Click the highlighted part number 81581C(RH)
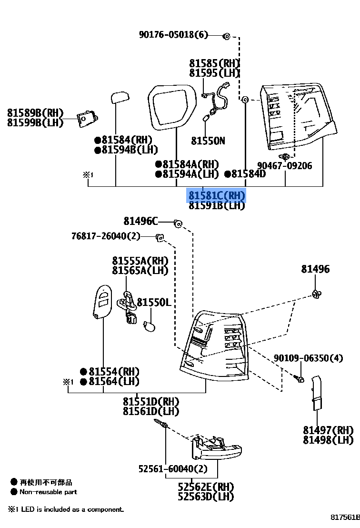216,195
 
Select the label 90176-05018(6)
174,34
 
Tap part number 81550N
208,141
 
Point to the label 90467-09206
285,165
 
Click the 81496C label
140,221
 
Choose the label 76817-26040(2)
106,236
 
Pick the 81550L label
154,302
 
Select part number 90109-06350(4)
308,357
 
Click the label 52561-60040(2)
173,468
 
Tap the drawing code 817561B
345,517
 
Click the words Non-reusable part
48,492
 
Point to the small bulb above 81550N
206,118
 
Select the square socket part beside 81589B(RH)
87,119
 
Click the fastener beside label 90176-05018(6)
227,36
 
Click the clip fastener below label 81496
316,294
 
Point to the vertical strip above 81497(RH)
317,393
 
